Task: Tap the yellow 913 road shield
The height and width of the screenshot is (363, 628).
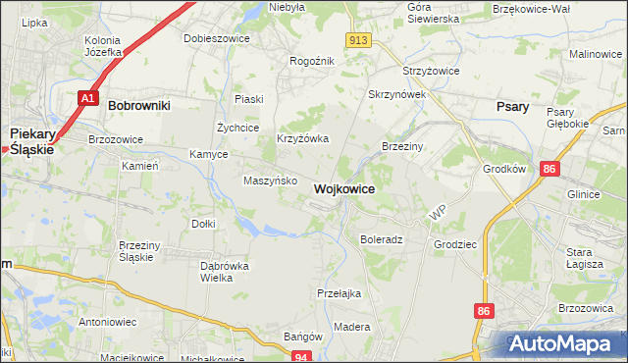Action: (358, 39)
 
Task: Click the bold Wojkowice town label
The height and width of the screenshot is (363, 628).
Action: (343, 188)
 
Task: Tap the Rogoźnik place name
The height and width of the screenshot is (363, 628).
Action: (312, 61)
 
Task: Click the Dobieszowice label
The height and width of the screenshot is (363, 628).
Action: (217, 38)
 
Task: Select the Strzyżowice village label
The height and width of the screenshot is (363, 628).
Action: (432, 72)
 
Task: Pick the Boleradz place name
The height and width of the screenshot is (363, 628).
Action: (382, 239)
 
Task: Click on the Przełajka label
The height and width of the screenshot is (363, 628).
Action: (340, 293)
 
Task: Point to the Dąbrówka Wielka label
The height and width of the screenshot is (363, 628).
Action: (224, 272)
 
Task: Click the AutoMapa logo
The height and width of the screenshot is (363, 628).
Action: (564, 343)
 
